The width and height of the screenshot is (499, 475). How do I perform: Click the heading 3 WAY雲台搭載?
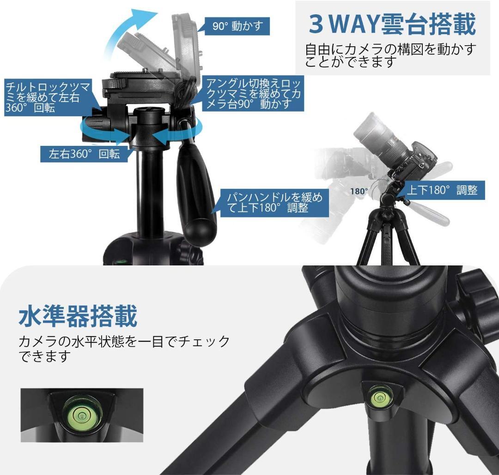pyautogui.click(x=392, y=24)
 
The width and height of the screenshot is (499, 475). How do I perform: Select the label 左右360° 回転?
pyautogui.click(x=85, y=154)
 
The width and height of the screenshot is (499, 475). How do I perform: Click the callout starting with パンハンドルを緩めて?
pyautogui.click(x=274, y=202)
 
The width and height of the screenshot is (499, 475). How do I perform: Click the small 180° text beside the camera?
pyautogui.click(x=359, y=191)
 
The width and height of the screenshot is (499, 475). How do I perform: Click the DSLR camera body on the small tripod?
pyautogui.click(x=415, y=161)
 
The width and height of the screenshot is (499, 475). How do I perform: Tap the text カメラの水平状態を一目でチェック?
pyautogui.click(x=124, y=342)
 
